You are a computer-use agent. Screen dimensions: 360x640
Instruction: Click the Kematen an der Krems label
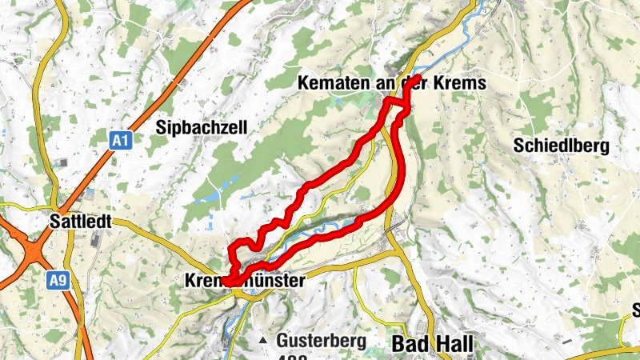pos(391,82)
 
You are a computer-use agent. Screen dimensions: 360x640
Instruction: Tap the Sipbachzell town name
pos(202,127)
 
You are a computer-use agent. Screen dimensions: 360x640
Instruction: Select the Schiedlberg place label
pos(562,146)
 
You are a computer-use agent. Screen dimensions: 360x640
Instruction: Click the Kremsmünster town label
pos(245,281)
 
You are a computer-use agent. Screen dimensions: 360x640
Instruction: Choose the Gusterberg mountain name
pos(321,340)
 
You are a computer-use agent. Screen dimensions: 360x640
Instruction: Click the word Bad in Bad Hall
pos(410,344)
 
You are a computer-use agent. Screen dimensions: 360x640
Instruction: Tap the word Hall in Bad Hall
pos(454,344)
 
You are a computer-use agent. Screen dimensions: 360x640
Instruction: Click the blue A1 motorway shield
pos(120,141)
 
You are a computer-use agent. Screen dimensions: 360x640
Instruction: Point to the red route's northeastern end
pos(418,78)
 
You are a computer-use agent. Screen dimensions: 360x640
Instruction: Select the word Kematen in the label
pos(325,82)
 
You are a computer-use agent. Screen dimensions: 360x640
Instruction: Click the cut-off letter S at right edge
pos(635,310)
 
